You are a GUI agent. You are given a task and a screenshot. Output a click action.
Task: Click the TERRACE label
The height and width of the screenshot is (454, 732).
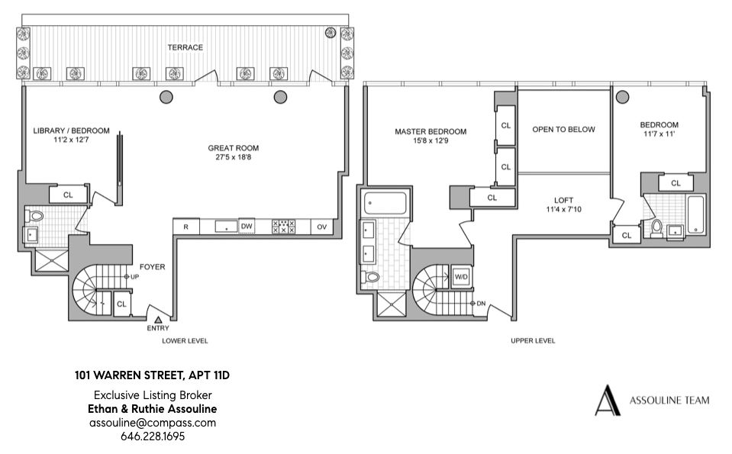pos(185,47)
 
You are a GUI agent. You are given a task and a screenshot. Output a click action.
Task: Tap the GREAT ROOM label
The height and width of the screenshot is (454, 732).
pos(234,148)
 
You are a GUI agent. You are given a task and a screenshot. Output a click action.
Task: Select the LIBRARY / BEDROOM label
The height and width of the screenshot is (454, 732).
pos(71,130)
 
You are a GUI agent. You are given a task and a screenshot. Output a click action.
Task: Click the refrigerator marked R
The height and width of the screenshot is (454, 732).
pos(186,227)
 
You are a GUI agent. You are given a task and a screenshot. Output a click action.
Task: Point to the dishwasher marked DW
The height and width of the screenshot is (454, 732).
pos(247,227)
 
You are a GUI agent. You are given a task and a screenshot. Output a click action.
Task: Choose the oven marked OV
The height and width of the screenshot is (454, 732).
pos(321,227)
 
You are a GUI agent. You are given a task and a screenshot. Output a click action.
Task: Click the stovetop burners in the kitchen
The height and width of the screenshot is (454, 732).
pos(284,227)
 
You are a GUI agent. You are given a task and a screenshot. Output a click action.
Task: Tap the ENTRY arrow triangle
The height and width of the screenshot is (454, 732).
pos(158,320)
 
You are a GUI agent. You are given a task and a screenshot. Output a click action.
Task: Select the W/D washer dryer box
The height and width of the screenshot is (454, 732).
pos(461,276)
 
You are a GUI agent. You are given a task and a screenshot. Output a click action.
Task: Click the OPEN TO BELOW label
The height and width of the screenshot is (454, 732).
pos(563,130)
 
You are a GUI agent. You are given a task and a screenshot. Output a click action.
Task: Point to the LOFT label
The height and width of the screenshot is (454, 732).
pos(563,200)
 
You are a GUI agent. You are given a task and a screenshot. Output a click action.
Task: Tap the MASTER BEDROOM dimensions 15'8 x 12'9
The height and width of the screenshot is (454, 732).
pos(430,141)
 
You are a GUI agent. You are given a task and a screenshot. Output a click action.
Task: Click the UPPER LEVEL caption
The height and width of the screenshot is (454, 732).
pos(533,341)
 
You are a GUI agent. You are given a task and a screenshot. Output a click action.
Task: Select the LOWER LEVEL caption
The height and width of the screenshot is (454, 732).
pos(185,341)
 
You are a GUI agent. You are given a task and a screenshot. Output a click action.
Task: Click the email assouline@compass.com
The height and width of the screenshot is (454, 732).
pos(153,423)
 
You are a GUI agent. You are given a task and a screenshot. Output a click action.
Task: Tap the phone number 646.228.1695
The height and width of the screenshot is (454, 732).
pos(153,436)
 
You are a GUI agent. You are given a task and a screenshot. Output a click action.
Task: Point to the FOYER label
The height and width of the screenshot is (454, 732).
pos(153,267)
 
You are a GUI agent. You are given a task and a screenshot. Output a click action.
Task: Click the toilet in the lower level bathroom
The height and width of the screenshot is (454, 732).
pos(36,217)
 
